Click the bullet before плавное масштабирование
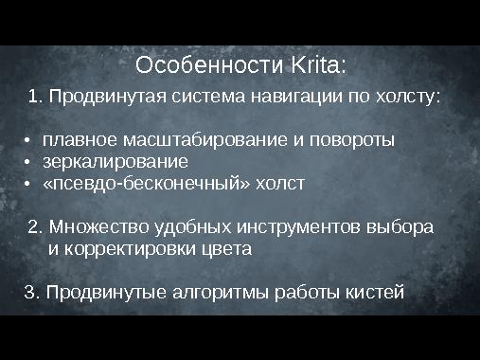[x=28, y=140]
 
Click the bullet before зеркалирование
[x=28, y=162]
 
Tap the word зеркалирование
[x=116, y=162]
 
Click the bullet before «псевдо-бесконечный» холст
[x=28, y=183]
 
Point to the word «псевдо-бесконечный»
[x=147, y=183]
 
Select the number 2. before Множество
[x=36, y=227]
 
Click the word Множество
[x=93, y=227]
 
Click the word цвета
[x=226, y=250]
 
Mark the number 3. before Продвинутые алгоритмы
[x=30, y=292]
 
